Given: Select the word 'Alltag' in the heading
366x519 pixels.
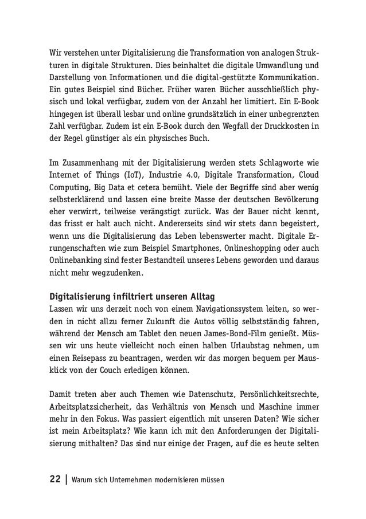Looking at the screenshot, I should pyautogui.click(x=197, y=297).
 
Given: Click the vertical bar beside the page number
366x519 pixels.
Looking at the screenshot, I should pyautogui.click(x=67, y=478).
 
